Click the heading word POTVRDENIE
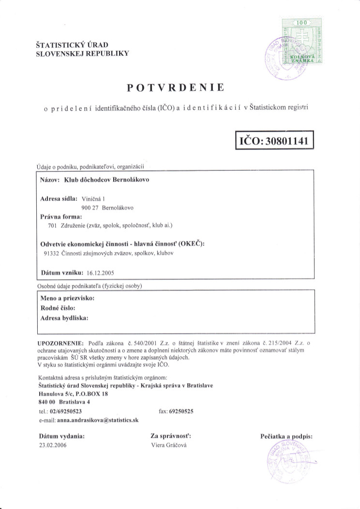pyautogui.click(x=175, y=88)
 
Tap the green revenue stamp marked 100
pyautogui.click(x=302, y=42)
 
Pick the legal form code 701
pyautogui.click(x=52, y=225)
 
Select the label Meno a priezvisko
pyautogui.click(x=67, y=299)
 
